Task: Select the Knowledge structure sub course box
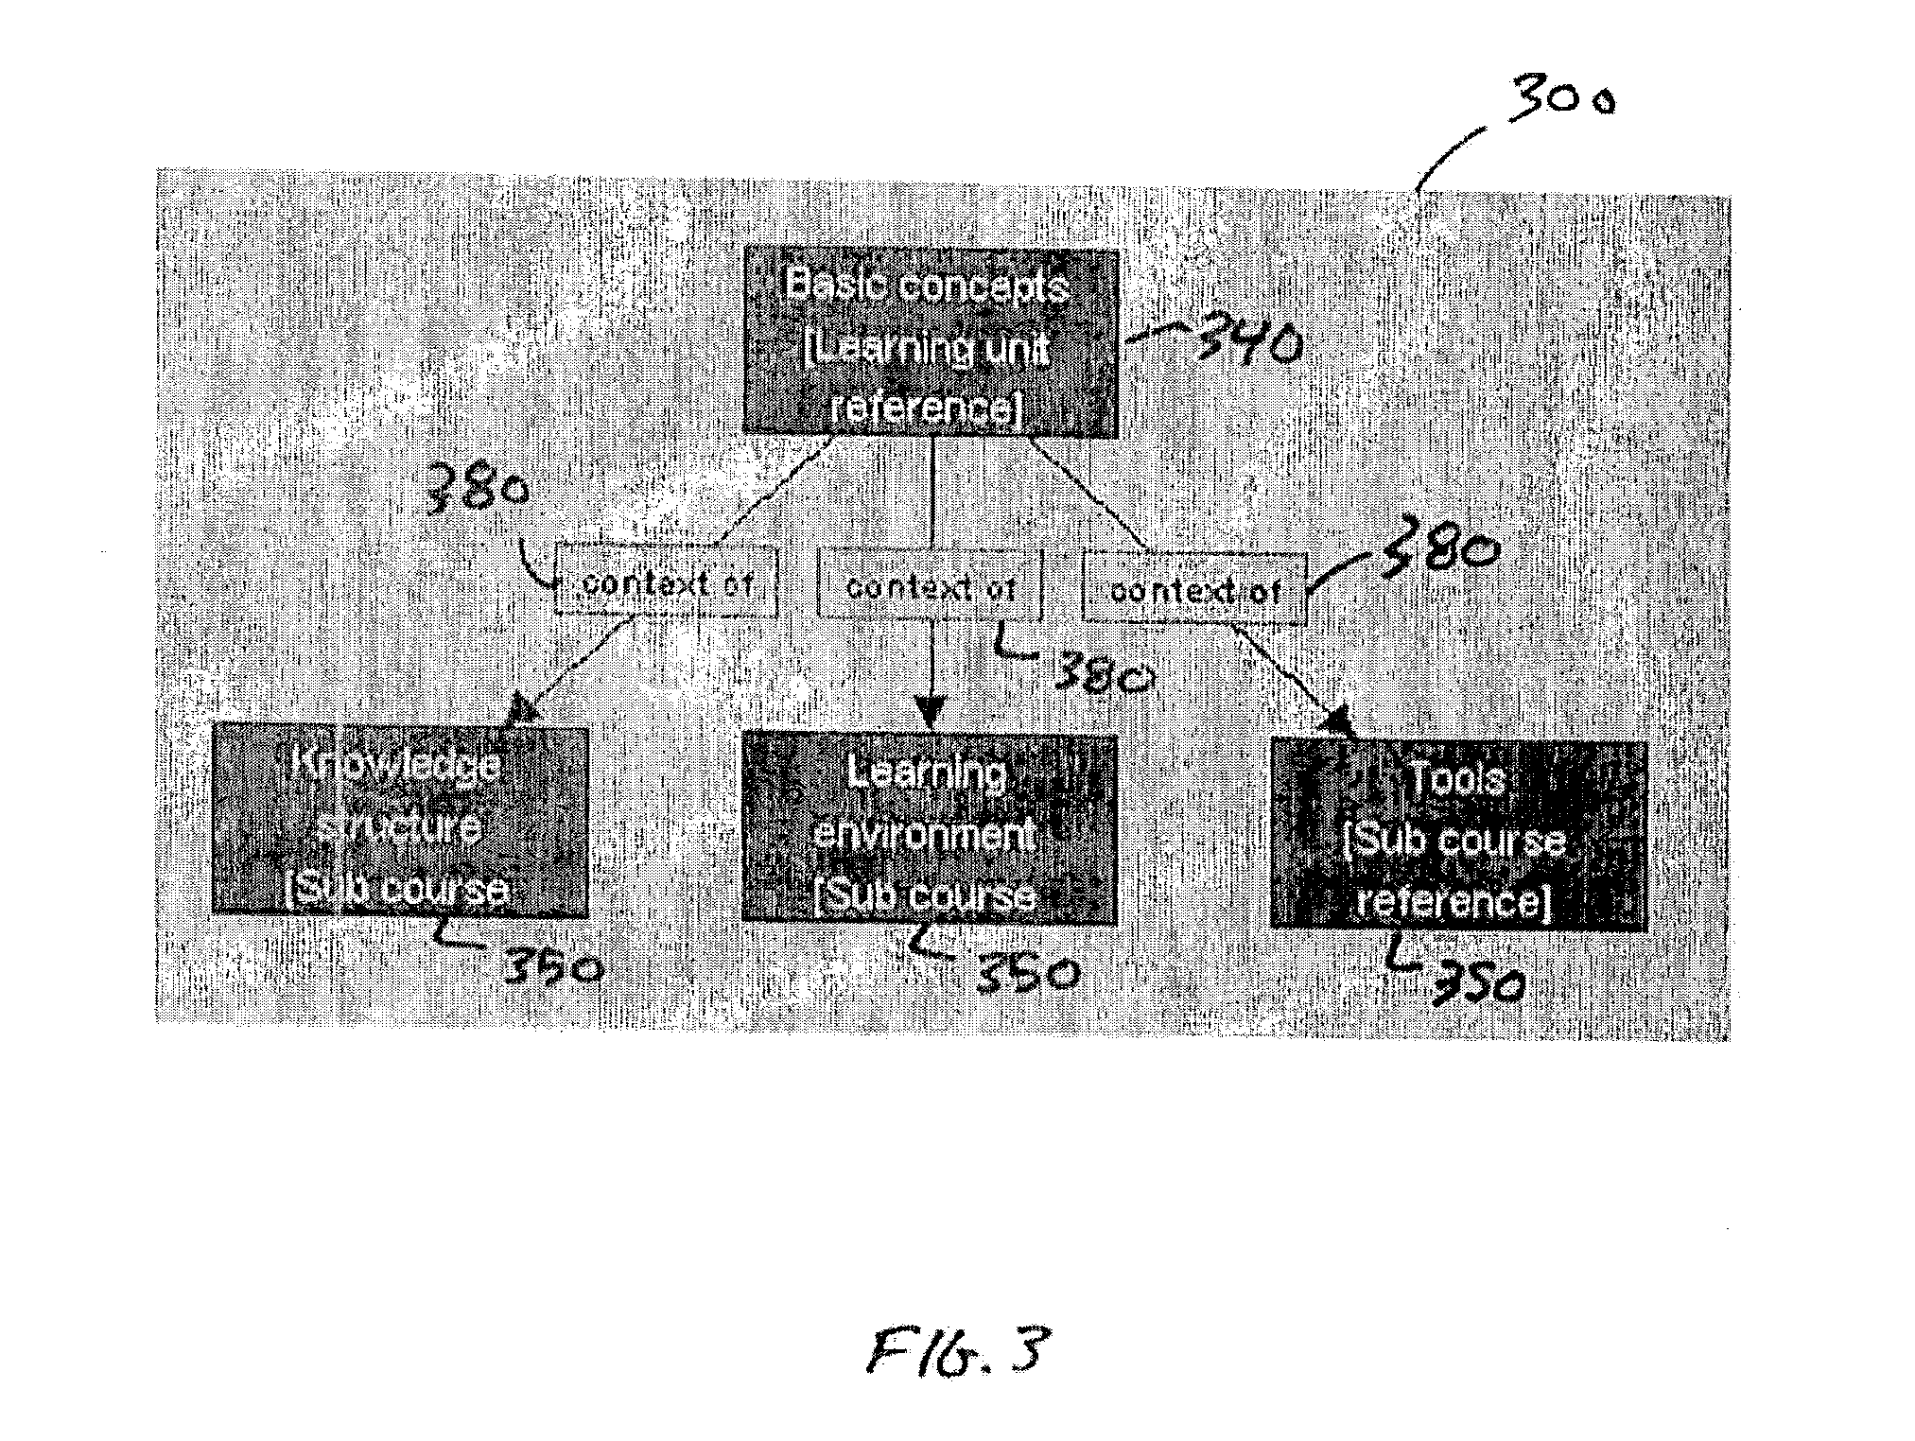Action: [x=400, y=821]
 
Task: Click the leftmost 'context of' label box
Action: [x=667, y=582]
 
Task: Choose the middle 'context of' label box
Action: [x=931, y=586]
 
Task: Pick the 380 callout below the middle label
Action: [x=1102, y=673]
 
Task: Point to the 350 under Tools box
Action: [x=1475, y=983]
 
